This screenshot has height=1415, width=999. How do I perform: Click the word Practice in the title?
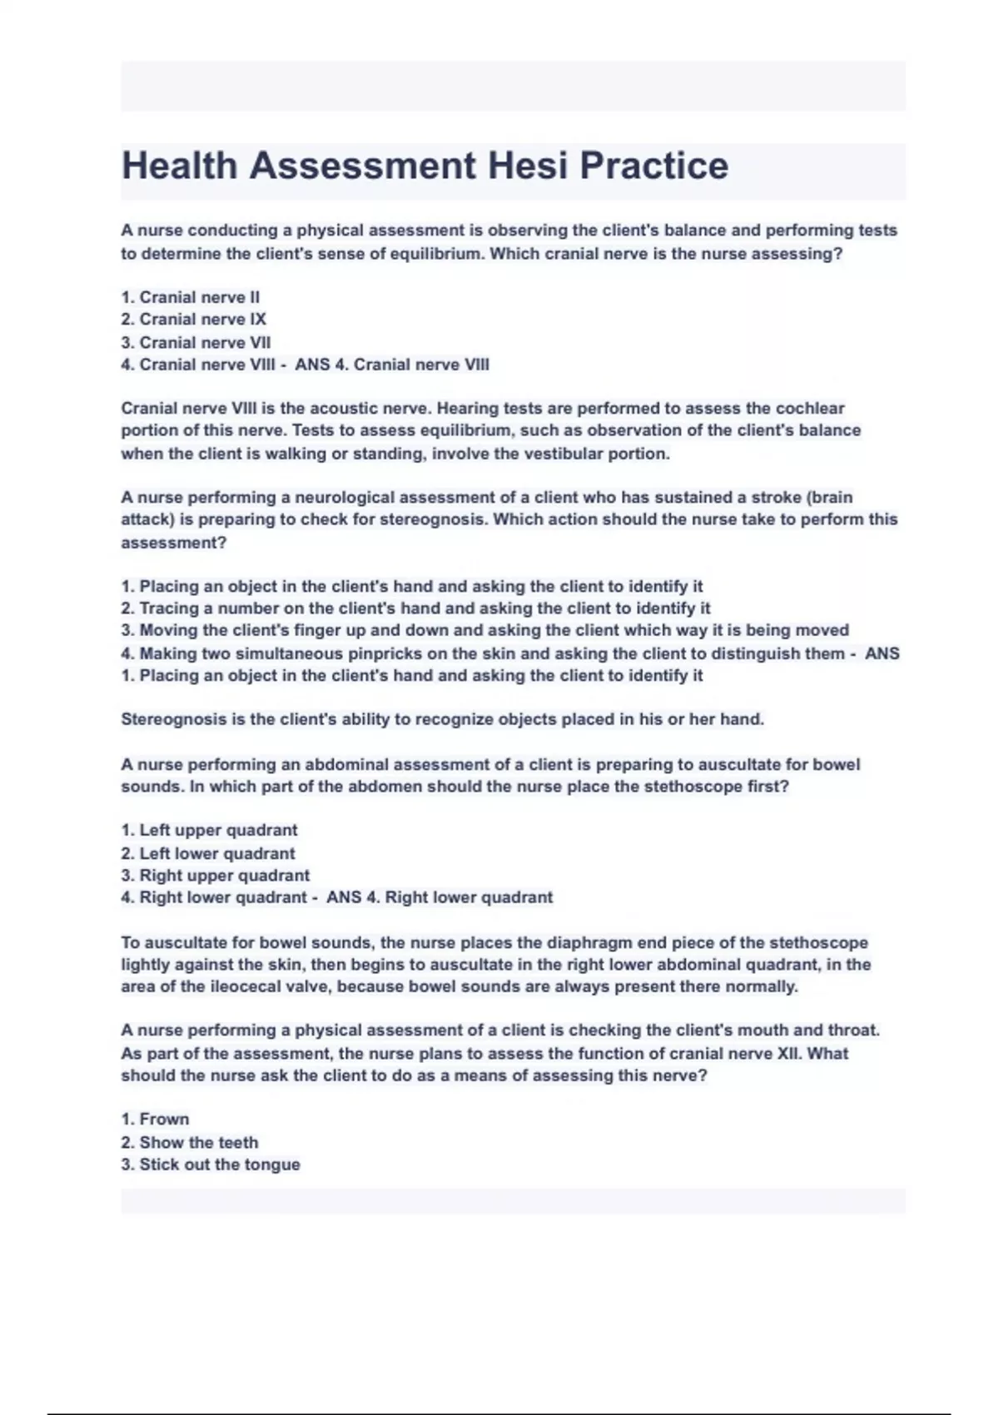pos(654,166)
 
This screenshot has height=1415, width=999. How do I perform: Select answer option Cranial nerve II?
pos(191,297)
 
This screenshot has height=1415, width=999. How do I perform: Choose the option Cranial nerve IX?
pos(194,320)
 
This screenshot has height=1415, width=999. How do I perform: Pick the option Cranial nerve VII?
pos(196,342)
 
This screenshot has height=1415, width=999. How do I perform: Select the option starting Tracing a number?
pos(415,608)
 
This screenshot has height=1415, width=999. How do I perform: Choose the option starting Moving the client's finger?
pos(485,630)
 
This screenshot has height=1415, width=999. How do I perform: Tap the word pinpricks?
pos(385,653)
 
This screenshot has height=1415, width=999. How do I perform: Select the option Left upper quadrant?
pos(209,830)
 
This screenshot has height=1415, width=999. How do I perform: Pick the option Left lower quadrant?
pos(208,853)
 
